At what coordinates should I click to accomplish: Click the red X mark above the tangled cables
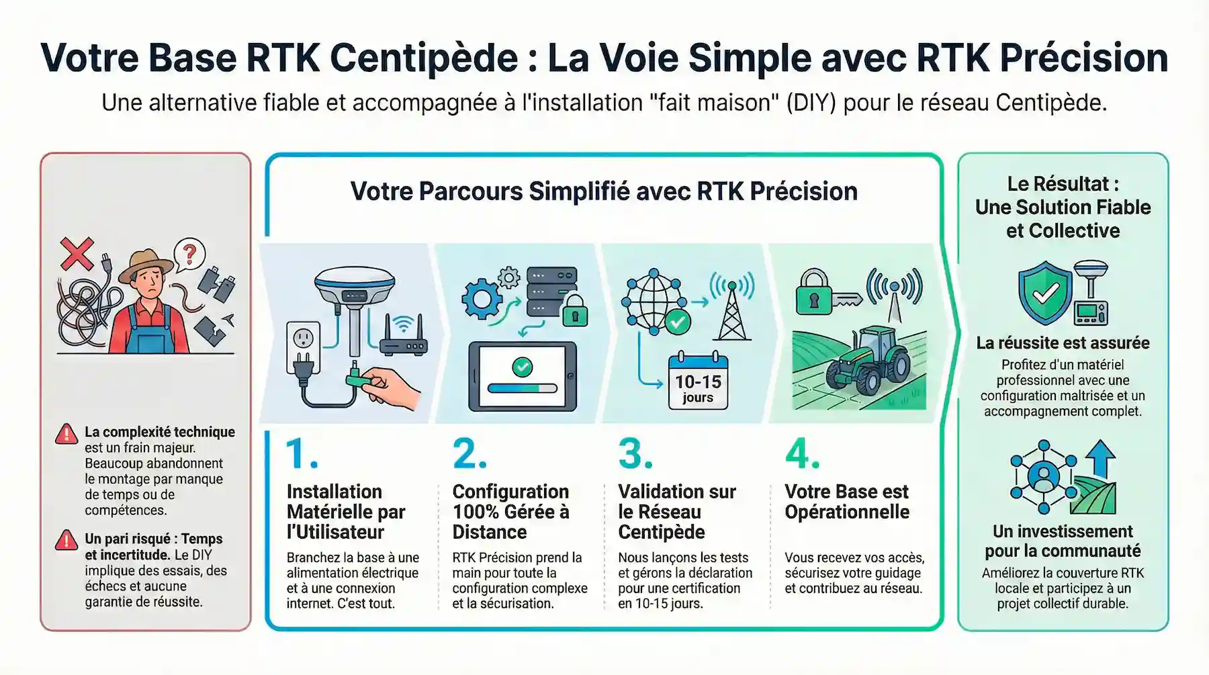[x=77, y=254]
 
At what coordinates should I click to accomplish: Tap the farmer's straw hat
[x=146, y=266]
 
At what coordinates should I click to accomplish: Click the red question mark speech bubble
[x=189, y=255]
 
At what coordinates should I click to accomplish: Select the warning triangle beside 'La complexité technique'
[x=66, y=434]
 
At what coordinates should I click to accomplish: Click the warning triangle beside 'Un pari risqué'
[x=66, y=540]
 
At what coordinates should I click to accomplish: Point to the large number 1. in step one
[x=302, y=454]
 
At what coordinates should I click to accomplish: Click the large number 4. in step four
[x=802, y=454]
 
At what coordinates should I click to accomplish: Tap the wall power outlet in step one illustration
[x=303, y=343]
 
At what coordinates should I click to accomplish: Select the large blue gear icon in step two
[x=482, y=299]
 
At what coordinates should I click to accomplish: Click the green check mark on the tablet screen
[x=522, y=367]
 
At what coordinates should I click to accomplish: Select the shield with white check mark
[x=1045, y=294]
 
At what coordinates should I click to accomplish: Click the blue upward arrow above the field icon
[x=1100, y=458]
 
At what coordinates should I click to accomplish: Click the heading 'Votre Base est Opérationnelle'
[x=846, y=501]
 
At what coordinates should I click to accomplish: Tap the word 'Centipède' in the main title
[x=424, y=58]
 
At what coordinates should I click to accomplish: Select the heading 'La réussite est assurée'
[x=1063, y=343]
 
